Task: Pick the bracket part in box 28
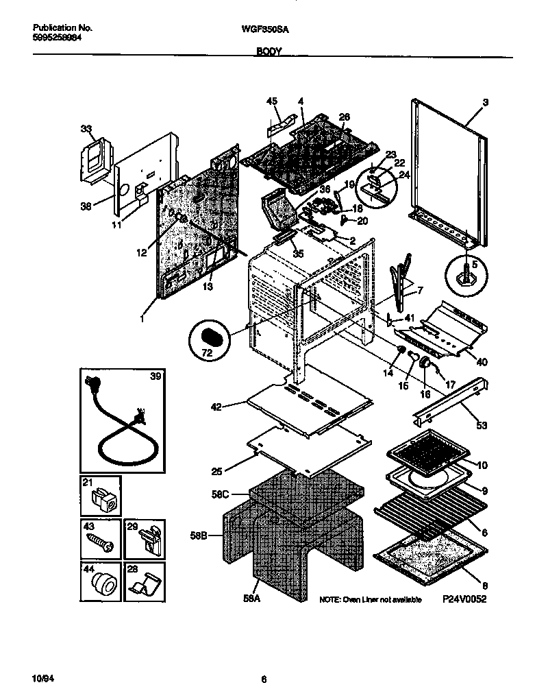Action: tap(145, 587)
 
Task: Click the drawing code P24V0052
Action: tap(469, 599)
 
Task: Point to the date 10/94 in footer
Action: tap(42, 679)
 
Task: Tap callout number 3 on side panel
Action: tap(485, 103)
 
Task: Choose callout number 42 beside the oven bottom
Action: tap(217, 407)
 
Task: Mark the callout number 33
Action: tap(85, 128)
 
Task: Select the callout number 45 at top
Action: tap(272, 101)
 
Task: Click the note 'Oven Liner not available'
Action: tap(371, 600)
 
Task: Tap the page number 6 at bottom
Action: tap(264, 679)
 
